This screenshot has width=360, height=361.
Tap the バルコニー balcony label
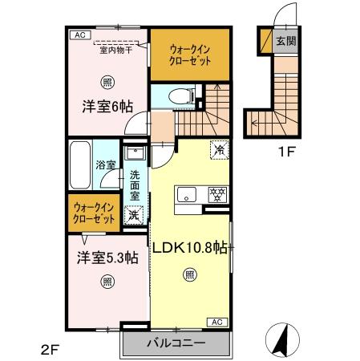tap(176, 343)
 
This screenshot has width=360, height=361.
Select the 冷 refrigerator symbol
tap(217, 148)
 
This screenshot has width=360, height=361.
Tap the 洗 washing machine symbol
tap(134, 214)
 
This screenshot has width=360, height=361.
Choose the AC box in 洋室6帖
tap(79, 35)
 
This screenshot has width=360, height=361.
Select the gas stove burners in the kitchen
tap(215, 193)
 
